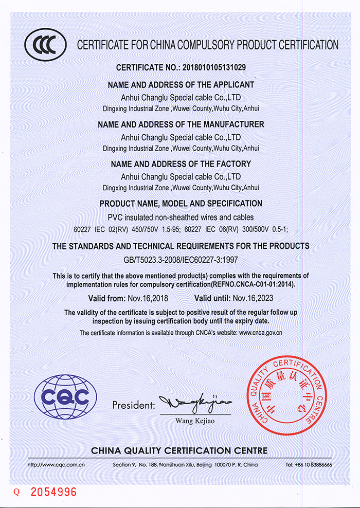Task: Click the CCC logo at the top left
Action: (x=46, y=45)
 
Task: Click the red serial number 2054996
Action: (x=53, y=492)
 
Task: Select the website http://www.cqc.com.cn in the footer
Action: (x=56, y=465)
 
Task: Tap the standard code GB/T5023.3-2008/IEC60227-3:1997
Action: (x=181, y=260)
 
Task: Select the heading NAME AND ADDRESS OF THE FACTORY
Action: (x=181, y=164)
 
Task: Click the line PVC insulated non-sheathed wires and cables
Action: (x=181, y=217)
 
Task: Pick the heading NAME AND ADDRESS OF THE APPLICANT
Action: (x=181, y=85)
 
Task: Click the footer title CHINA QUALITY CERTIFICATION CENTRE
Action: (x=179, y=451)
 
